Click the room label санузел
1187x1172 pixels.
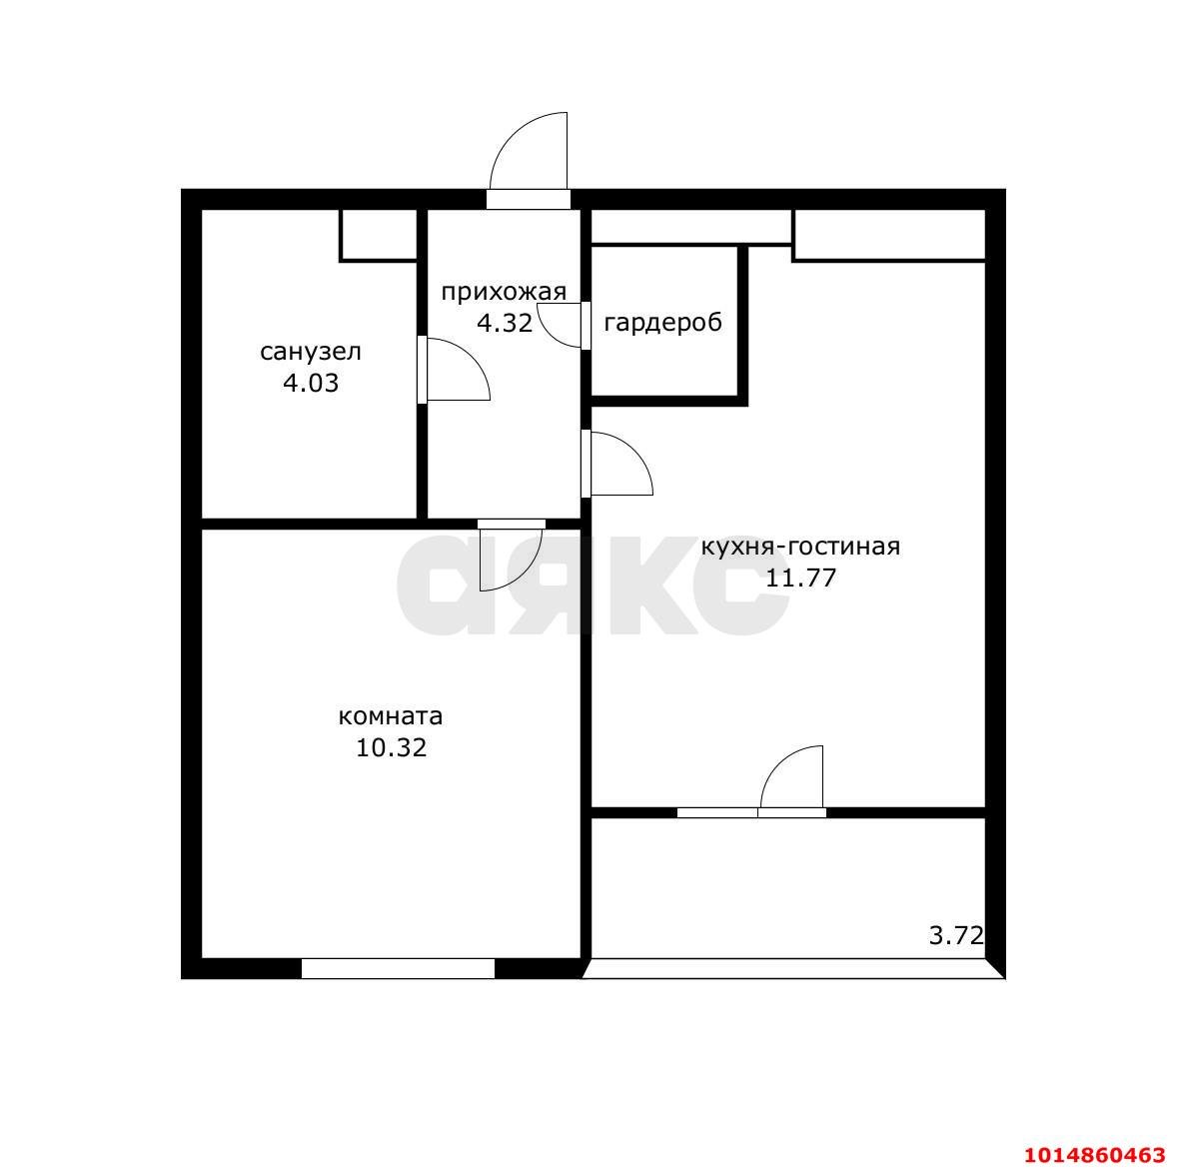coord(311,352)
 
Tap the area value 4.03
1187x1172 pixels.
coord(311,383)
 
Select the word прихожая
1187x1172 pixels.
coord(504,292)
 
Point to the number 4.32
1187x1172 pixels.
coord(505,324)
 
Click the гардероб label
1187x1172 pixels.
coord(663,323)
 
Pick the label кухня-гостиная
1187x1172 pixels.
coord(801,547)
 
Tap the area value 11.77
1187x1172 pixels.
coord(801,578)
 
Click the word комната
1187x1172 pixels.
coord(391,716)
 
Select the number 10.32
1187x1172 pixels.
coord(392,748)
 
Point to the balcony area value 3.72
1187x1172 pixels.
coord(956,936)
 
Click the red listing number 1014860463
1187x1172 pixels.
coord(1095,1155)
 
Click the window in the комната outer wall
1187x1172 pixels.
coord(399,968)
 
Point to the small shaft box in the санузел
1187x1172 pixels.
coord(379,236)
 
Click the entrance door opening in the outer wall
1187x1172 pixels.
coord(528,199)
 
